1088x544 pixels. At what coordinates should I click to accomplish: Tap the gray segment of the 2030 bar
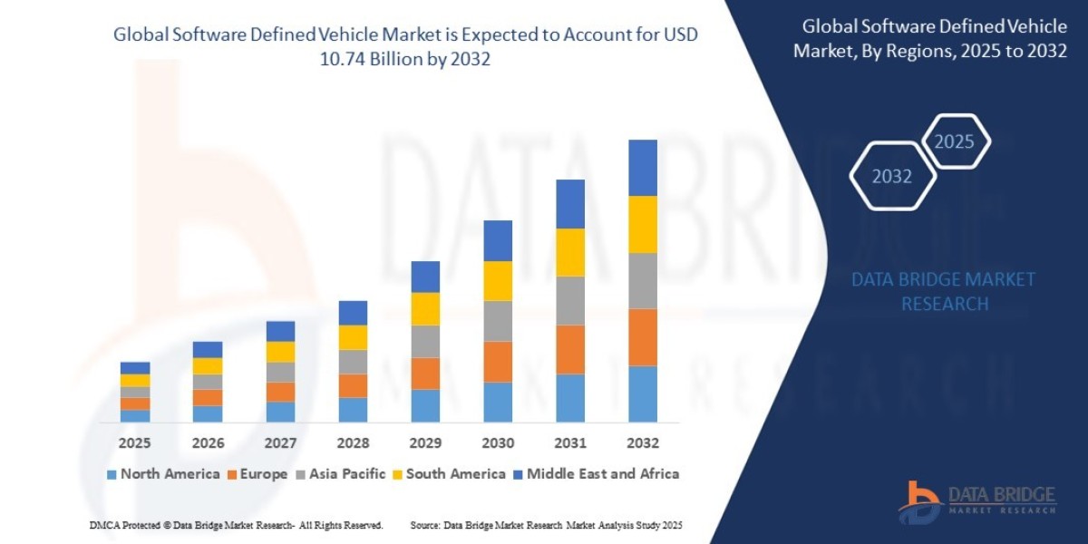click(x=498, y=321)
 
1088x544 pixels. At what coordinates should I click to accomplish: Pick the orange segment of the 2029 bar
click(x=425, y=374)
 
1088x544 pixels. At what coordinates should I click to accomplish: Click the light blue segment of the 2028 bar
click(x=353, y=410)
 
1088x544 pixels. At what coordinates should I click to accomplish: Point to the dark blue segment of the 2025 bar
click(x=135, y=368)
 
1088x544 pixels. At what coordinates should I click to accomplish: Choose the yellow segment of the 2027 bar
click(x=280, y=352)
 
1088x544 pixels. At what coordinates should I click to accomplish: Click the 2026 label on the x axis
click(x=208, y=443)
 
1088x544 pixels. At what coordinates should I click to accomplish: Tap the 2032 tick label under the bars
click(x=643, y=443)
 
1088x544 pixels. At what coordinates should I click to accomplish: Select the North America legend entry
click(x=163, y=473)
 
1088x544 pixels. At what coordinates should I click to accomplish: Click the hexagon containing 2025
click(x=954, y=141)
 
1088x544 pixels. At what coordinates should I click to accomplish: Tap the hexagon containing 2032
click(x=892, y=177)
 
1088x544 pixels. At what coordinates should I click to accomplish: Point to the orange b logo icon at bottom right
click(x=919, y=501)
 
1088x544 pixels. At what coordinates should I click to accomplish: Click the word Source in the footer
click(x=425, y=525)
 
